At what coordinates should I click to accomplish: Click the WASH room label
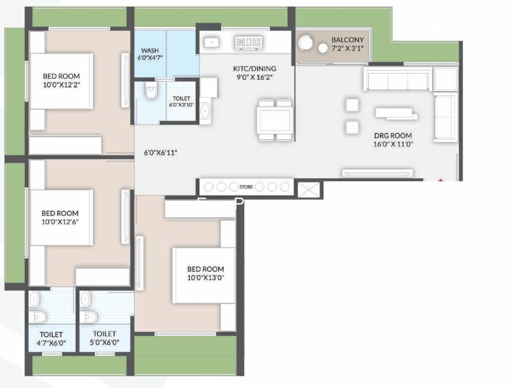pos(150,51)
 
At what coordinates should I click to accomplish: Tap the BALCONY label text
pos(347,40)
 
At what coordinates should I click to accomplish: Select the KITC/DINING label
pos(255,69)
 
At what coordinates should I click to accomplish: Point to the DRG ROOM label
pos(393,135)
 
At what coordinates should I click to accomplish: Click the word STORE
pos(246,187)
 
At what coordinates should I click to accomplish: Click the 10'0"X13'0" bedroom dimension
pos(206,278)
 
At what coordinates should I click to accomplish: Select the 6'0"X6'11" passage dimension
pos(161,153)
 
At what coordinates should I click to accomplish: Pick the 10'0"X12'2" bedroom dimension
pos(62,85)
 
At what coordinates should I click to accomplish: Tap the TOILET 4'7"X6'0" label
pos(51,338)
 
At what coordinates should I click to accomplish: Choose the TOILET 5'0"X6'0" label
pos(104,338)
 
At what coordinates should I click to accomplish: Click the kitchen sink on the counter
pos(211,42)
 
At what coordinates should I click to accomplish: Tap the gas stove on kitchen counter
pos(249,42)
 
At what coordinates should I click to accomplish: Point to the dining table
pos(274,120)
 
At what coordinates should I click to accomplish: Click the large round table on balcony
pos(305,42)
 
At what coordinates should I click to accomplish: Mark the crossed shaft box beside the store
pos(308,190)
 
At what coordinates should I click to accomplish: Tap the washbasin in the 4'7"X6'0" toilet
pos(34,300)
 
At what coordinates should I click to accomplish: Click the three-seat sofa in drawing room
pos(397,79)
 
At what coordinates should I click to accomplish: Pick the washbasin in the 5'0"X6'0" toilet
pos(85,300)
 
